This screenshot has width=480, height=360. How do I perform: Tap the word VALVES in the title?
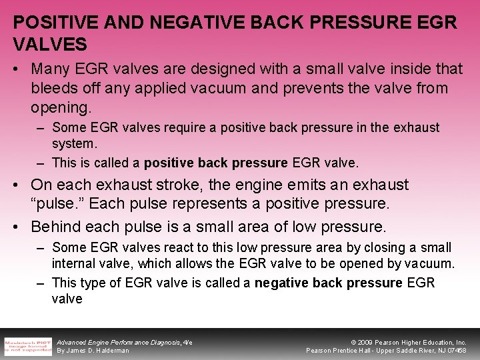(50, 45)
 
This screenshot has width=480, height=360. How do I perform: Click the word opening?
(59, 107)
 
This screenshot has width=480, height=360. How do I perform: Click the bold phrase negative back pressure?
(329, 283)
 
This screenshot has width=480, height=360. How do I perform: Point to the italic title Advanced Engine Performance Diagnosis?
(120, 341)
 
